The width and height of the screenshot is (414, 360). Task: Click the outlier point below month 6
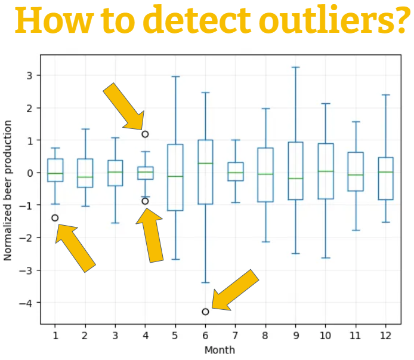[x=205, y=312]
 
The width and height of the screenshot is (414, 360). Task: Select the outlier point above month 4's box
[x=145, y=134]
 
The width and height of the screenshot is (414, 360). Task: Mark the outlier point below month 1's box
[x=55, y=218]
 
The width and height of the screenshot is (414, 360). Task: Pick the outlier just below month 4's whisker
[x=145, y=201]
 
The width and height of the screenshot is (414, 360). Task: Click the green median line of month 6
[x=205, y=163]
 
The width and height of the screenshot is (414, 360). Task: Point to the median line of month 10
[x=325, y=171]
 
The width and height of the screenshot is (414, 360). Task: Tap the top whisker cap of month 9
[x=295, y=67]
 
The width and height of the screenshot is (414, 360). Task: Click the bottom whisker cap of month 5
[x=175, y=259]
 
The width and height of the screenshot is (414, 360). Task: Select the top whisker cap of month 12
[x=385, y=95]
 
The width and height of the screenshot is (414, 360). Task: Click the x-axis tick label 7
[x=235, y=336]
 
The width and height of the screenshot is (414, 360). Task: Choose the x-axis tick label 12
[x=385, y=336]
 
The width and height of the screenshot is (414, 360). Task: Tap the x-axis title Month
[x=220, y=350]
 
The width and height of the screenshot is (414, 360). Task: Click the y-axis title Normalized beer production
[x=8, y=190]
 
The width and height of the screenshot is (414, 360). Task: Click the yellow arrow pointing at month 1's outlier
[x=75, y=247]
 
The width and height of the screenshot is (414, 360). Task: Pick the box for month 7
[x=235, y=171]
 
